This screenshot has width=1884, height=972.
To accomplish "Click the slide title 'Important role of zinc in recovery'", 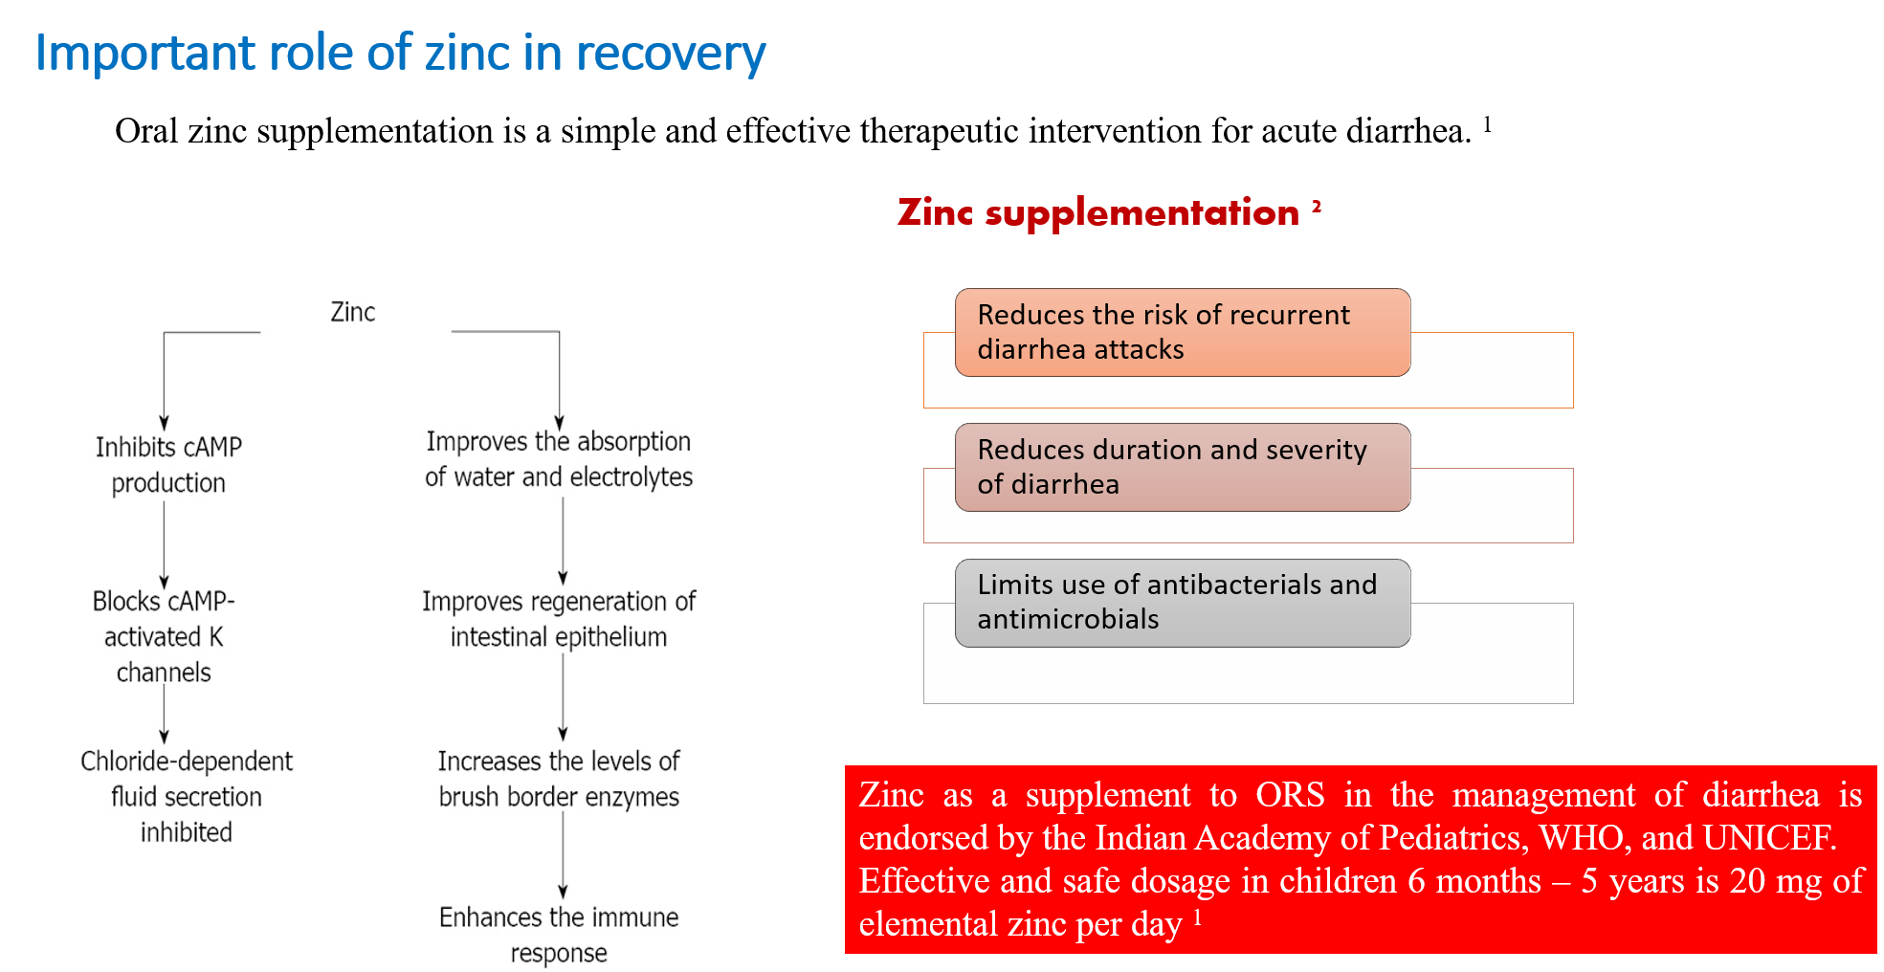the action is click(x=400, y=53).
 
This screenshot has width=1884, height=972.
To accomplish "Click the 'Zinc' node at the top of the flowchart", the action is click(x=353, y=312).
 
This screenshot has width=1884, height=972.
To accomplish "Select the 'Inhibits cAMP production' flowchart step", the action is click(x=168, y=465).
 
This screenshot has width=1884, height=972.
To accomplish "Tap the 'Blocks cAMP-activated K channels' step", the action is click(x=164, y=636).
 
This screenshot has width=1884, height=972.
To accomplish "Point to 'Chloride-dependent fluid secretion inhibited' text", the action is click(x=187, y=796).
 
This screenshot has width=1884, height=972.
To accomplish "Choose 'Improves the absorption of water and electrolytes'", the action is click(x=559, y=459).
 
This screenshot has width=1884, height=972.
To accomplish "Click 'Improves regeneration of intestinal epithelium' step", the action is click(x=559, y=619).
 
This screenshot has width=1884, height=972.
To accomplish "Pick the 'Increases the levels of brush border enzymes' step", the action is click(x=559, y=779).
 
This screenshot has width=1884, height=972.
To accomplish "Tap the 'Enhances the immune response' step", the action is click(x=559, y=935).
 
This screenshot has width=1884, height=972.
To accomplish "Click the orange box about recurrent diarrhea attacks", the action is click(x=1183, y=332).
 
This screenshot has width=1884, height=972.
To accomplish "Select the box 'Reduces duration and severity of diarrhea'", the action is click(x=1183, y=467).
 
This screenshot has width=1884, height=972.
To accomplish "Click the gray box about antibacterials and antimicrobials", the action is click(x=1183, y=603).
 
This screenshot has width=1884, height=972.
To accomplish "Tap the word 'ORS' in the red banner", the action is click(x=1290, y=795).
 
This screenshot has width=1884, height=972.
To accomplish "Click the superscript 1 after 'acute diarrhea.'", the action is click(x=1488, y=123).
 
